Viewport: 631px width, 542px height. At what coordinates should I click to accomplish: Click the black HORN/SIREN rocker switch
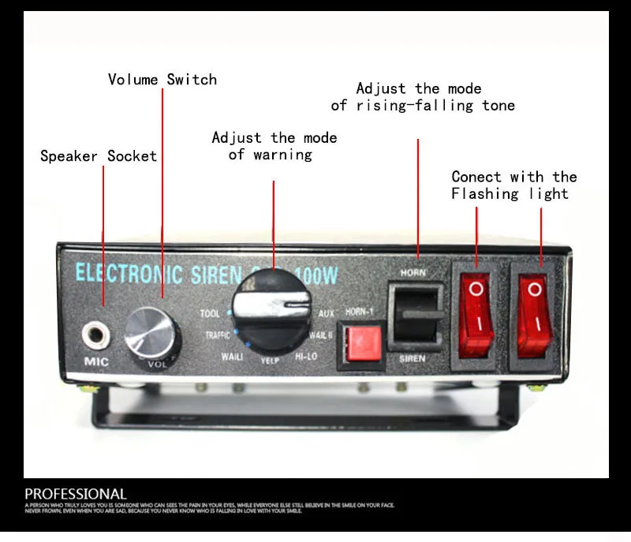coord(415,316)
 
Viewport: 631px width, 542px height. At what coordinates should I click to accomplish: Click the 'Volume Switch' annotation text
coord(162,80)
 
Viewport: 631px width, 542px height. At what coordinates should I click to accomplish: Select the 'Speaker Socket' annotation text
coord(99,156)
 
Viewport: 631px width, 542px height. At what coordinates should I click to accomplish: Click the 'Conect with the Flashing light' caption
coord(513,185)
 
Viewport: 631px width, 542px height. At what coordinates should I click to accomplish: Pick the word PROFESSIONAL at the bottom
coord(76,494)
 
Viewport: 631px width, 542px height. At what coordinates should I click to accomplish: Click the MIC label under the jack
coord(95,364)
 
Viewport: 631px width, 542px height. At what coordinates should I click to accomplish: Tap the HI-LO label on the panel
coord(306,357)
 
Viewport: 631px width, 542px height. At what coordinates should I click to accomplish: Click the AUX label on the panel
coord(326,313)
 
